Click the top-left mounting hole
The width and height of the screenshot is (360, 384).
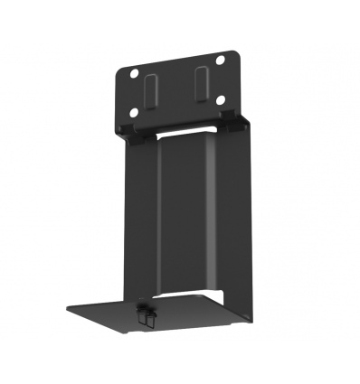pos(134,72)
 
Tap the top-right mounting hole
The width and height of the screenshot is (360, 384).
pos(219,61)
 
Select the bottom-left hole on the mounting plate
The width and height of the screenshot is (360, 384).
pos(134,113)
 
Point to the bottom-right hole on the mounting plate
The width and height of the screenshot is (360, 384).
pos(220,100)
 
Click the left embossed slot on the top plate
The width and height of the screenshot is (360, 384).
pos(151,90)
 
